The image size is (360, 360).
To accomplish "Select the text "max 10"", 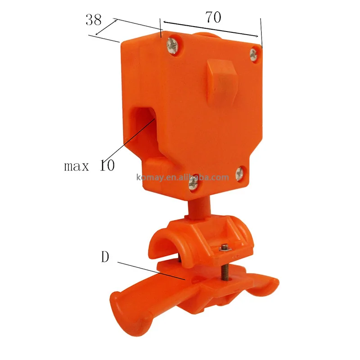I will [x=89, y=166].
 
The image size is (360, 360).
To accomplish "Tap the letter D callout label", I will [x=105, y=258].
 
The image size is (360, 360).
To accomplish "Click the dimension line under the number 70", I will [x=211, y=29].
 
